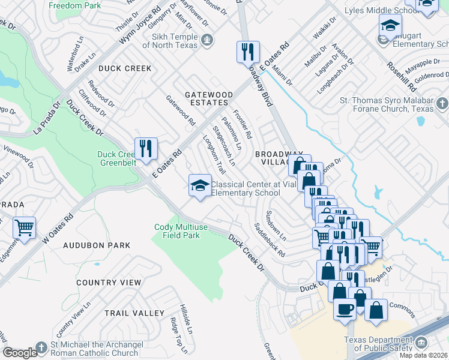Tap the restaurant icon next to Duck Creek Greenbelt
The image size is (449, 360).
[146, 148]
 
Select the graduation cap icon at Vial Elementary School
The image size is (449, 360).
[199, 185]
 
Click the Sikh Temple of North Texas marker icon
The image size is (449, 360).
[207, 40]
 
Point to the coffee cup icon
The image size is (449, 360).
[345, 309]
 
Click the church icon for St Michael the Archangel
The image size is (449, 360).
[41, 347]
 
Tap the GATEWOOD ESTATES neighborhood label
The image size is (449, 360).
[208, 99]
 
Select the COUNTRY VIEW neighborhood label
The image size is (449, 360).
[109, 283]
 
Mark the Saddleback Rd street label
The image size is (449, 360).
[269, 240]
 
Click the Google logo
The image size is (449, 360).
[20, 353]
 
